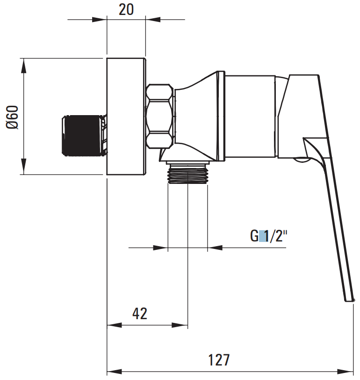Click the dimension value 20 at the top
(x=126, y=10)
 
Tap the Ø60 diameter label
(x=12, y=117)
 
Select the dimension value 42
(x=140, y=314)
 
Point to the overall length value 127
(x=219, y=360)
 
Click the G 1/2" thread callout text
(x=269, y=236)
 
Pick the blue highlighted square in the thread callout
(x=262, y=236)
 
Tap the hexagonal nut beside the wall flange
(x=160, y=116)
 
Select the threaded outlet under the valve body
(x=187, y=173)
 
